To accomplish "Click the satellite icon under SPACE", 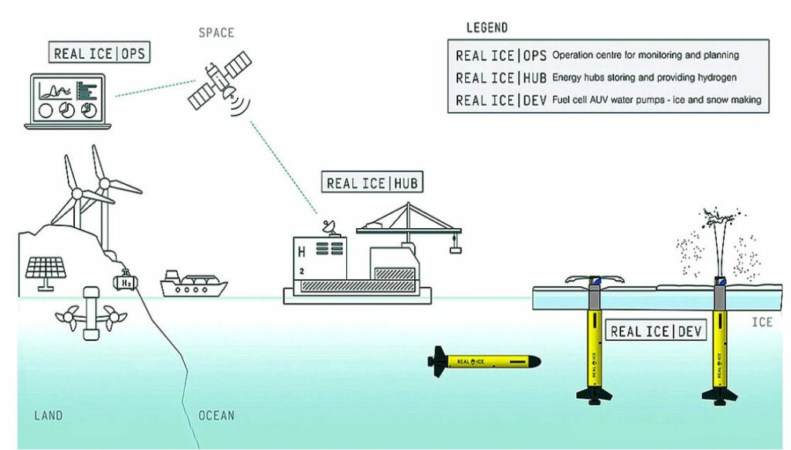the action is point(220,84).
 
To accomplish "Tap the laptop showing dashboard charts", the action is point(68,101).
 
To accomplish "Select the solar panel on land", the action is point(46,274).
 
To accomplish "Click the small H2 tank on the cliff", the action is point(126,281).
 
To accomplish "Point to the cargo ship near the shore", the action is point(193,284).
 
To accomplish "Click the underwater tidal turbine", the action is point(91,314).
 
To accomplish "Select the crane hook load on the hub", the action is point(455,248).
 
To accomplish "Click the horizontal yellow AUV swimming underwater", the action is point(484,362).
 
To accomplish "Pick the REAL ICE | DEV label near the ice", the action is point(656,331).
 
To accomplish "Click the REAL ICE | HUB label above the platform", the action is point(372,182).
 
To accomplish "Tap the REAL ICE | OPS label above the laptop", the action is point(100,53).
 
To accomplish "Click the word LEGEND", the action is point(487,27).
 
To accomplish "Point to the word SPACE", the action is point(216,32).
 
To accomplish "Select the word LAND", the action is point(49,416).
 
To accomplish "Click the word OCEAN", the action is point(216,416).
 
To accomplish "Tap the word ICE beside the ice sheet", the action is point(762,322).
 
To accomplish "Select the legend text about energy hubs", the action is point(644,78).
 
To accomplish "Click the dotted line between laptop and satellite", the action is point(155,88).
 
